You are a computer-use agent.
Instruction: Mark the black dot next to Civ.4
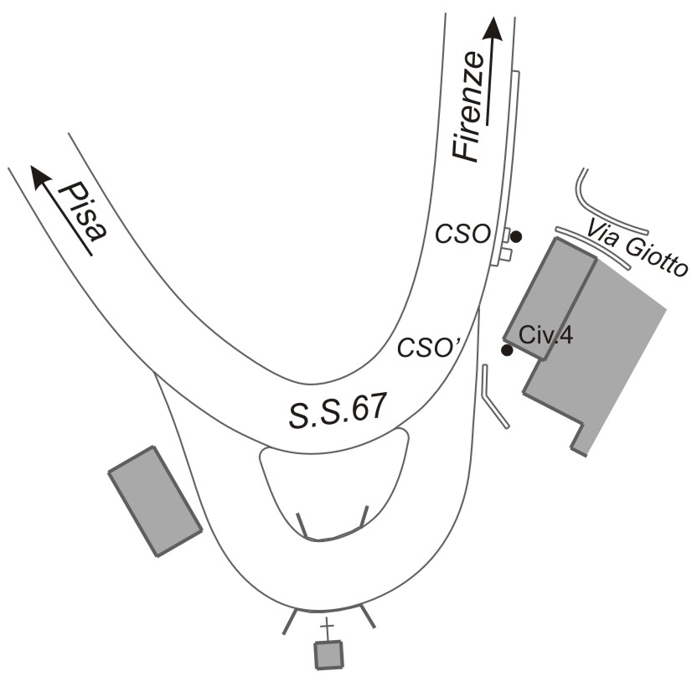pos(507,350)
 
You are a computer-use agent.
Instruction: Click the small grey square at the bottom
pos(328,654)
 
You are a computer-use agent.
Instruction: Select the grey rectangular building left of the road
pos(155,500)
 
